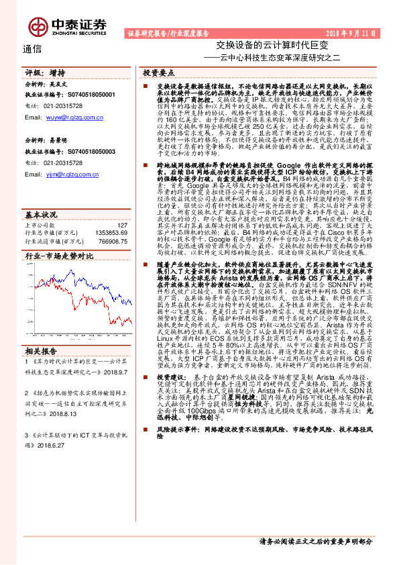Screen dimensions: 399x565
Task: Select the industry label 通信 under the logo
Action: (33, 48)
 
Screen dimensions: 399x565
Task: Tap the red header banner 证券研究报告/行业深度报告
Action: (168, 32)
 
